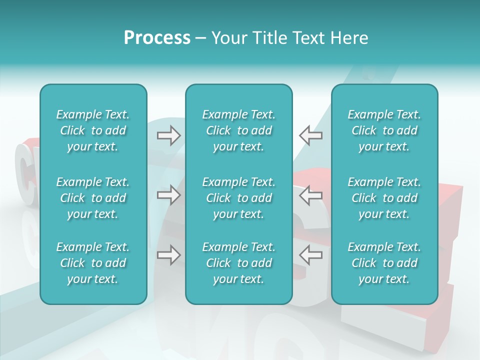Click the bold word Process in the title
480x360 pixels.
coord(157,38)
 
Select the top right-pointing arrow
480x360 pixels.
coord(168,135)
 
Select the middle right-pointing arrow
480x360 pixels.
coord(168,195)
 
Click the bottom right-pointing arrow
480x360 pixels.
coord(168,255)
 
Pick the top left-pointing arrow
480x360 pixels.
coord(310,135)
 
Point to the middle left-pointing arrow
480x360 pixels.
coord(310,195)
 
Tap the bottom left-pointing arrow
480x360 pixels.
coord(310,255)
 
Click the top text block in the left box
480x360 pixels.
coord(93,130)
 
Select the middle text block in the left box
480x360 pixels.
coord(93,198)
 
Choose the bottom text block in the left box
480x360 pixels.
coord(93,263)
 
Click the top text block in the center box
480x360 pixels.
coord(238,130)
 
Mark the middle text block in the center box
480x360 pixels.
coord(238,198)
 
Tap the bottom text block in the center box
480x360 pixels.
coord(238,263)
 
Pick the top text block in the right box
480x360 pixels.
coord(384,130)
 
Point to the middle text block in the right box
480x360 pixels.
coord(384,198)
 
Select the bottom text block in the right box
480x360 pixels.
coord(384,263)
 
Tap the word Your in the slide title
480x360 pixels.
coord(227,38)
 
